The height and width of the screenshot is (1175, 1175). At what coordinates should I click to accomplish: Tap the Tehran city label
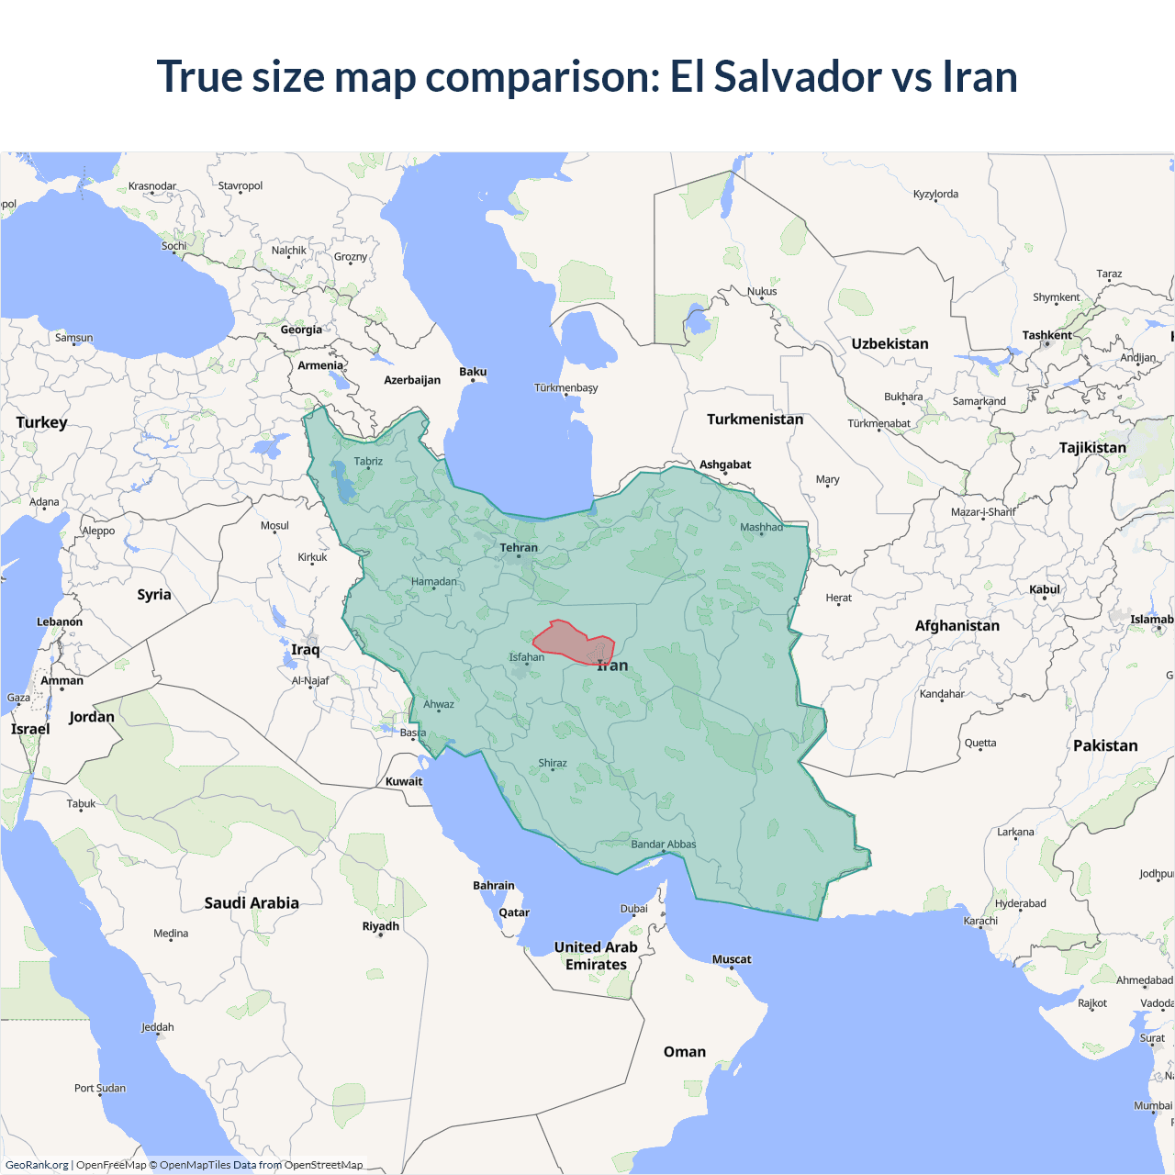(x=519, y=548)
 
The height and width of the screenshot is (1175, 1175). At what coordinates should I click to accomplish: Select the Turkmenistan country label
(x=755, y=420)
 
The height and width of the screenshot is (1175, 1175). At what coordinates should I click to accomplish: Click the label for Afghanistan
(x=957, y=626)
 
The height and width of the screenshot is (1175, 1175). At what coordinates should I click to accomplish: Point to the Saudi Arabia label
(x=252, y=903)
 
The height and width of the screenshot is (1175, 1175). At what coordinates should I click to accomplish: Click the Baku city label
(x=473, y=372)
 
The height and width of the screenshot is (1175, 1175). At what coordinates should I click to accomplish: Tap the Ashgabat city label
(x=725, y=464)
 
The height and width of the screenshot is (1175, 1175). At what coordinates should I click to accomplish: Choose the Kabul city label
(x=1044, y=589)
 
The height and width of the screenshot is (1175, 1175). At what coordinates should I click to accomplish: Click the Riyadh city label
(x=380, y=926)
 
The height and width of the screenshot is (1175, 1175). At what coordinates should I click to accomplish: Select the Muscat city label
(x=732, y=959)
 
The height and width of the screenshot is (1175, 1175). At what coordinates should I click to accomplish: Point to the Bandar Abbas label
(x=663, y=845)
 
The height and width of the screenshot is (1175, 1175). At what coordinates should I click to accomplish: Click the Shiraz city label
(x=552, y=763)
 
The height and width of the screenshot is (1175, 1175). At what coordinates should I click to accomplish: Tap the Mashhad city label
(x=761, y=527)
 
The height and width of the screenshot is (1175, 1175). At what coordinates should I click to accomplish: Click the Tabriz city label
(x=368, y=462)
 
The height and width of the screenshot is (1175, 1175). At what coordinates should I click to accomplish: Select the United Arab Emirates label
(x=596, y=956)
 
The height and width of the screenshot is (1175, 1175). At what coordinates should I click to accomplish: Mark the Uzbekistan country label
(x=890, y=344)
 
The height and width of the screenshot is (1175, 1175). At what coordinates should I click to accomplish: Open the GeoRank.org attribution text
(x=37, y=1165)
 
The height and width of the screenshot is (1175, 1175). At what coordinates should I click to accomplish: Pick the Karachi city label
(x=980, y=921)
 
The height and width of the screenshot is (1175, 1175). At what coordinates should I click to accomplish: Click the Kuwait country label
(x=404, y=782)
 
